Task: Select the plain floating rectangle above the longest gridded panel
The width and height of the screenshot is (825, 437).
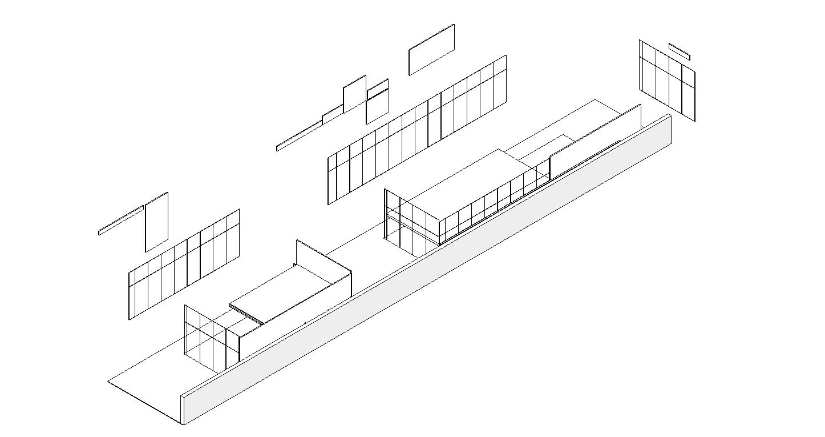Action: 431,49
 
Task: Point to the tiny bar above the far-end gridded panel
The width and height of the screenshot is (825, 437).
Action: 679,51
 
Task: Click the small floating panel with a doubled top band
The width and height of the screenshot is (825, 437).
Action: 377,103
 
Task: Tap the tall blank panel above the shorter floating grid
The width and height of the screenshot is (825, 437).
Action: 156,222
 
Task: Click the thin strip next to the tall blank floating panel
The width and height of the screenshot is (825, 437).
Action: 120,220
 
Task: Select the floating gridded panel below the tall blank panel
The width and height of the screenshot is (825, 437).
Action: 184,264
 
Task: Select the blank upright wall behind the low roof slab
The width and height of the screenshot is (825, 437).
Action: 323,266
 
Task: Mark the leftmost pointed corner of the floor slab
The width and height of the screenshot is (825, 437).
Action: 108,381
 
